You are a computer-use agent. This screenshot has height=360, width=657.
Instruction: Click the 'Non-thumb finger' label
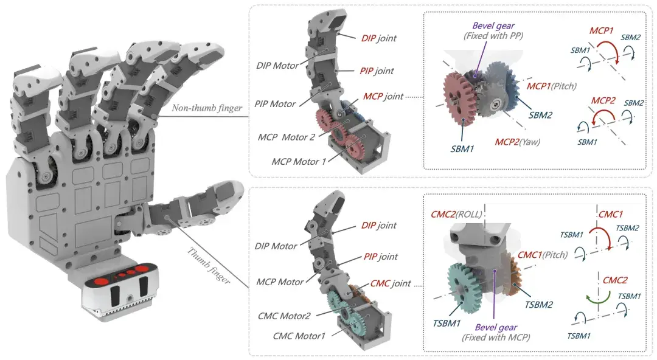point(207,108)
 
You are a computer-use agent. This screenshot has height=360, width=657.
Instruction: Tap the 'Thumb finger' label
point(208,266)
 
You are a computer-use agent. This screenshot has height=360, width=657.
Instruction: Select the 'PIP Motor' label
point(275,104)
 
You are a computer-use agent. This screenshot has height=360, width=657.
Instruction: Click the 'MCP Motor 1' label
point(299,162)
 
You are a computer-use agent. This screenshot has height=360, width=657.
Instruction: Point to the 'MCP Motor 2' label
point(286,137)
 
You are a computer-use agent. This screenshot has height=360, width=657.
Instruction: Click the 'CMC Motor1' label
point(299,336)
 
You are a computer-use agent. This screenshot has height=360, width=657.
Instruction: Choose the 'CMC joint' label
point(391,284)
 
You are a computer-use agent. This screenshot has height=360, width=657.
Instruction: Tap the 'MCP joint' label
point(383,97)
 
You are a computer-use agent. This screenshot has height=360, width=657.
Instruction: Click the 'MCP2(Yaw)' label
point(518,142)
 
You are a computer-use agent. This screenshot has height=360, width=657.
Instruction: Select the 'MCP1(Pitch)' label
point(551,86)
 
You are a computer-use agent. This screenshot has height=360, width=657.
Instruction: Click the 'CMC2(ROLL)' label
point(456,215)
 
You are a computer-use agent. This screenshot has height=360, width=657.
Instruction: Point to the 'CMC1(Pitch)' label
point(543,255)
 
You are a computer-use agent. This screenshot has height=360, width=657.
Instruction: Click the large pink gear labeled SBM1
point(457,97)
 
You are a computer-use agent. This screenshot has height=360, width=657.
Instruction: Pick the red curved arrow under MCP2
point(604,112)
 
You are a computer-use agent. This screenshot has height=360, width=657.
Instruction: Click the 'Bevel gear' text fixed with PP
point(493,26)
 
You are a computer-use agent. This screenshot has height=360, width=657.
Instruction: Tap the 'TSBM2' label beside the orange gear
point(538,305)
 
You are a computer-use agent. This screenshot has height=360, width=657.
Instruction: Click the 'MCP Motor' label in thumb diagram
point(279,282)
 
